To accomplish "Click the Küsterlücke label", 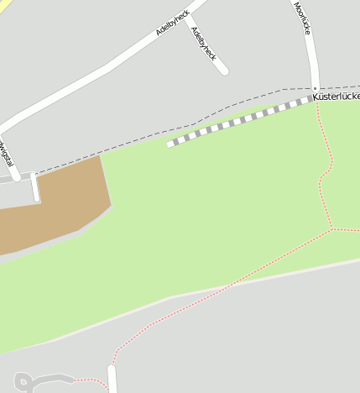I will [337, 97].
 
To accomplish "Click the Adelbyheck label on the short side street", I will [203, 44].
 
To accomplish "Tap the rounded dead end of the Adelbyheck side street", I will [223, 71].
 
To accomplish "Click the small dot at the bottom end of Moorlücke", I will [316, 89].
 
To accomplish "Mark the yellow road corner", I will [4, 5].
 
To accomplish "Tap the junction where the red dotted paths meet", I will [332, 228].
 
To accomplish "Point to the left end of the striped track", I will [170, 144].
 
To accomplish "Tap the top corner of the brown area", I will [100, 155].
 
